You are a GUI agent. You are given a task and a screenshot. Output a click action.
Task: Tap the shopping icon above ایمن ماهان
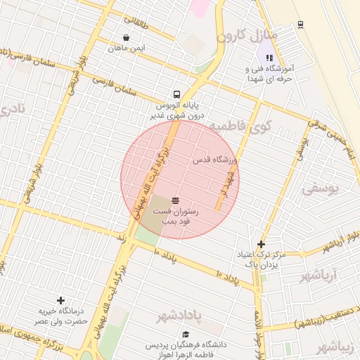(x=126, y=38)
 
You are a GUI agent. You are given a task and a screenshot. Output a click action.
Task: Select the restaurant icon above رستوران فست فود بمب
(x=175, y=200)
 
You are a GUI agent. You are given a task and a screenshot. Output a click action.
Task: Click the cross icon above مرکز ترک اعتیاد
(x=261, y=244)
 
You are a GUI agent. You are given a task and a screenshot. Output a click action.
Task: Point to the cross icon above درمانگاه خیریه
(x=60, y=300)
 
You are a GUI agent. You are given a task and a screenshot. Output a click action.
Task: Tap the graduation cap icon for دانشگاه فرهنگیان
(x=186, y=335)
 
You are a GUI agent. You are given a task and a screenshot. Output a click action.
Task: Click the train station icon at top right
(x=301, y=24)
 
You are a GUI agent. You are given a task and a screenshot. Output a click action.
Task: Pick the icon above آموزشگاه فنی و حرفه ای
(x=269, y=58)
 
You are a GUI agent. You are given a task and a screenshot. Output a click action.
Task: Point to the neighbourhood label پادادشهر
(x=179, y=316)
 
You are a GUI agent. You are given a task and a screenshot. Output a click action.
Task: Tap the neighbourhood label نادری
(x=12, y=109)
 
